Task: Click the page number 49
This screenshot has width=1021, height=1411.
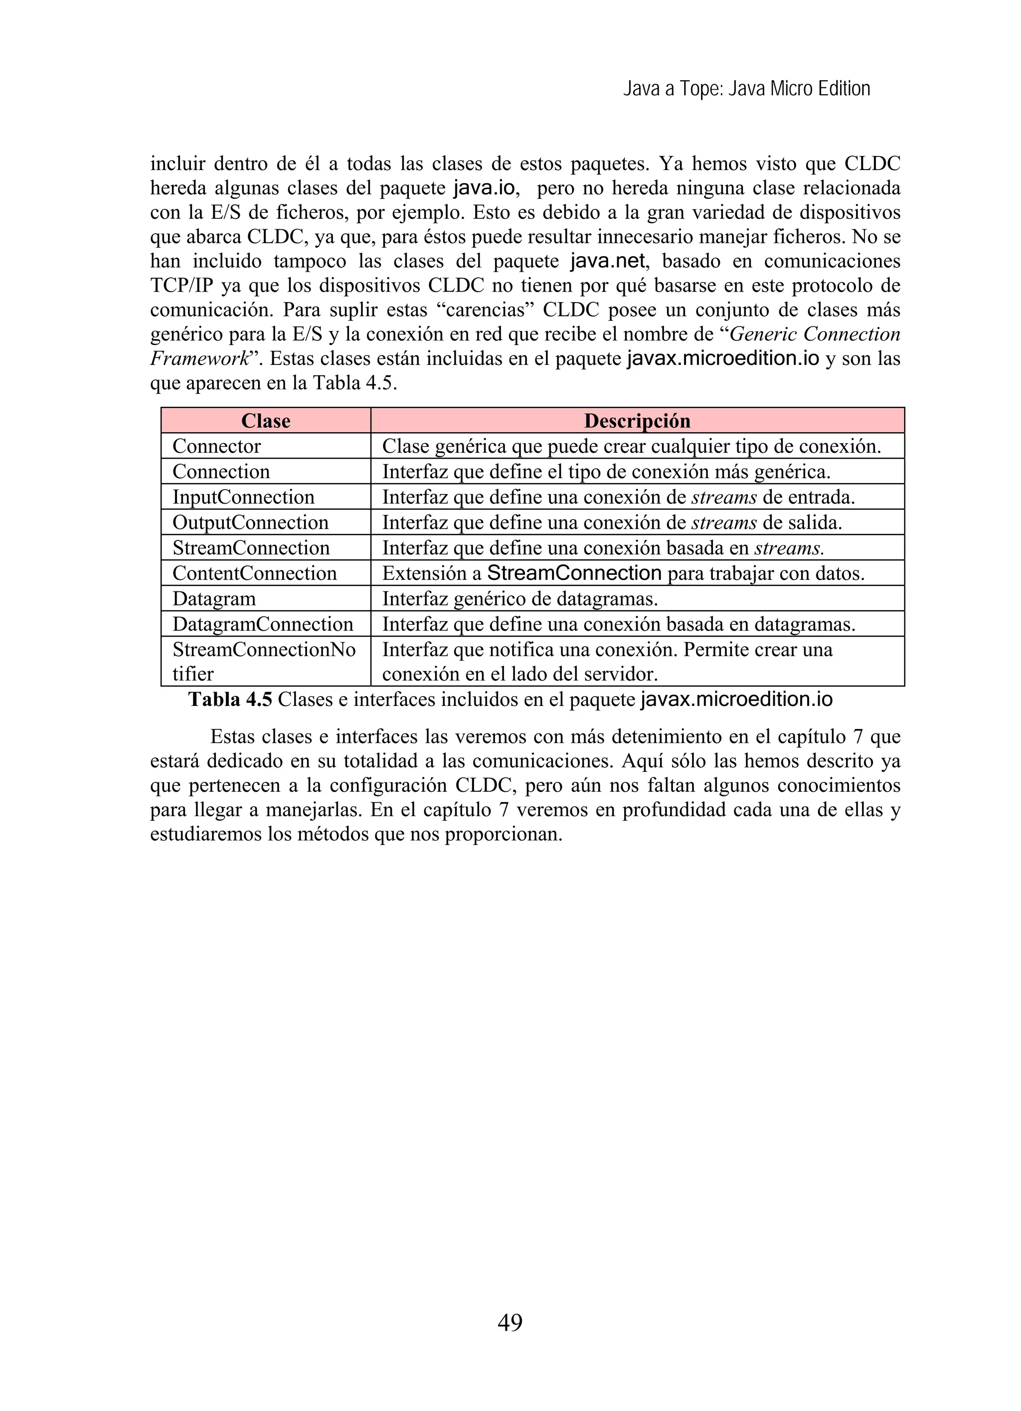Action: coord(510,1321)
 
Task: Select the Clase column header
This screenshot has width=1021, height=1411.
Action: coord(266,421)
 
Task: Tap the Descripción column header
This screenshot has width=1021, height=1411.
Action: coord(637,421)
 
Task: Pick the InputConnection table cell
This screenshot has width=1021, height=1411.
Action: coord(243,497)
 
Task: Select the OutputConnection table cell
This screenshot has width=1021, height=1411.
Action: coord(250,523)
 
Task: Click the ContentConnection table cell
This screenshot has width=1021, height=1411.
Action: coord(254,573)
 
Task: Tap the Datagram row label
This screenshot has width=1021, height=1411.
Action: coord(214,598)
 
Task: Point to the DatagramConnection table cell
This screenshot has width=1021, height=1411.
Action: coord(263,624)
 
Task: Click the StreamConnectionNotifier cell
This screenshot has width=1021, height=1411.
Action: coord(264,661)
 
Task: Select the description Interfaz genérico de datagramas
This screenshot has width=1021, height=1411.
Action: coord(519,598)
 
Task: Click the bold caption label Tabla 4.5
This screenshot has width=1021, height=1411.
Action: coord(230,700)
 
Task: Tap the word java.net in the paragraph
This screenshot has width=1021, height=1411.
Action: coord(607,261)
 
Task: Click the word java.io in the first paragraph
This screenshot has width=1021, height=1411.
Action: coord(485,188)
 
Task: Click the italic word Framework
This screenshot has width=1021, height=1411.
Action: coord(199,359)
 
